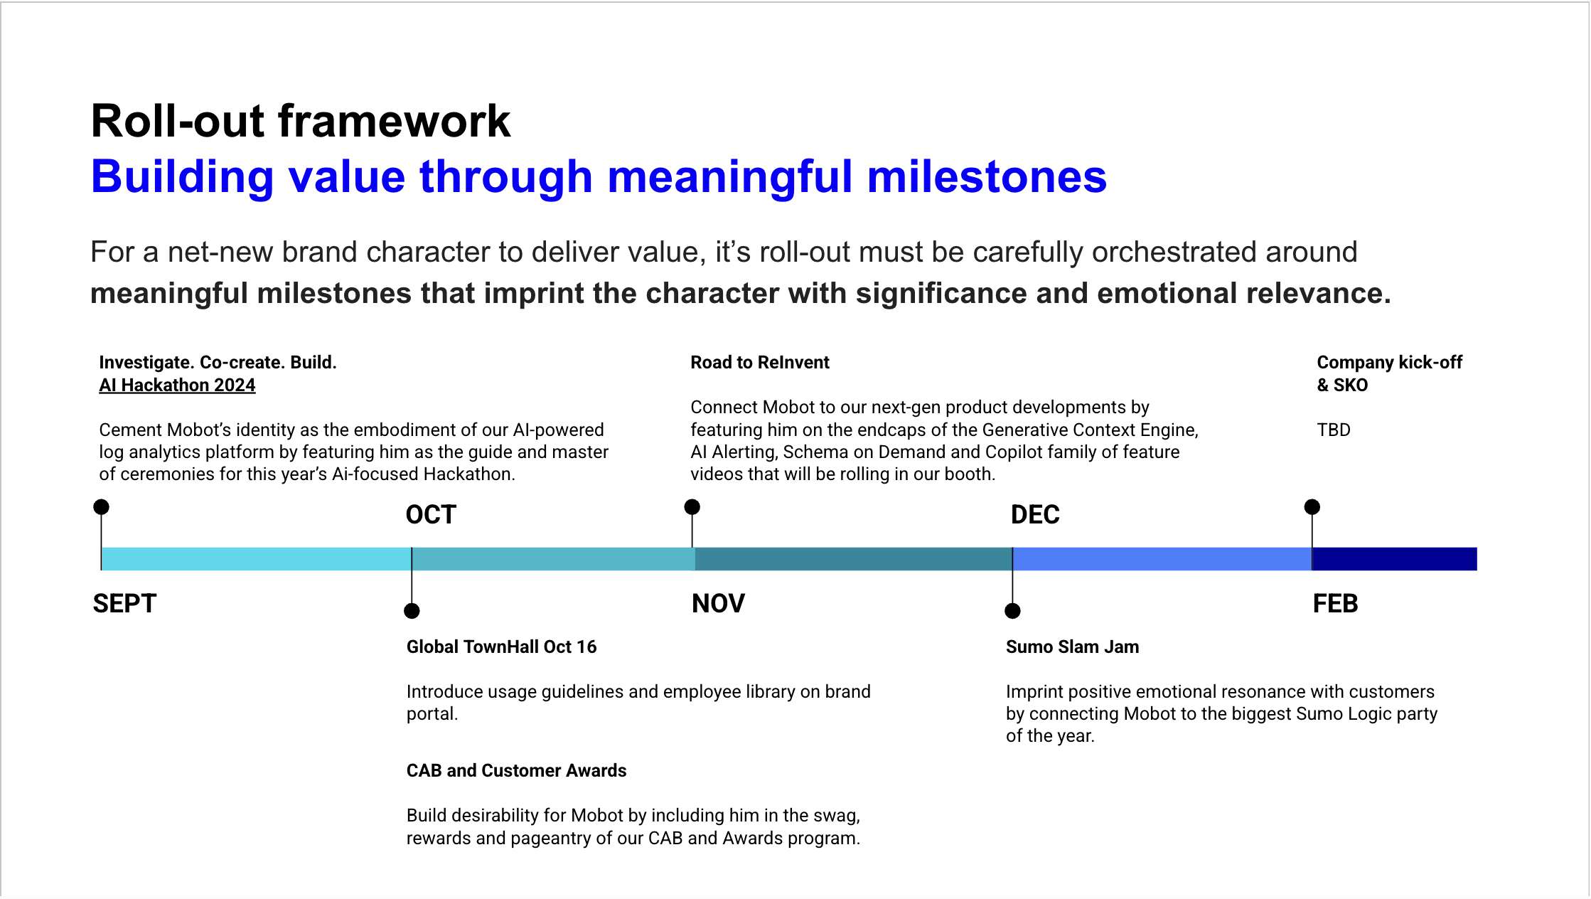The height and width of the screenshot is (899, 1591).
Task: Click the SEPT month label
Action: [124, 603]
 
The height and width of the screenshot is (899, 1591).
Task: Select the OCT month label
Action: [431, 514]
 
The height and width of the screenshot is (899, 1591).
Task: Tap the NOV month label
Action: [718, 603]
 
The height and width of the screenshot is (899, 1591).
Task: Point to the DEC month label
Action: [1035, 514]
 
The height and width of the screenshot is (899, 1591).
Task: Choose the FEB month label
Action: [1335, 603]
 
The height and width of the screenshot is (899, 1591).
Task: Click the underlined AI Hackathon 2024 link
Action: [177, 385]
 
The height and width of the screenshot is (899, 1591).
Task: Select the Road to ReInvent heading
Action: [760, 362]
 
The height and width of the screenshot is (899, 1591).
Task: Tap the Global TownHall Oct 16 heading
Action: [501, 647]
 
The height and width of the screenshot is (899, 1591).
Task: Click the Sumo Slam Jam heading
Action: [1072, 647]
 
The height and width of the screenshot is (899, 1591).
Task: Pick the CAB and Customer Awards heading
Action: [516, 770]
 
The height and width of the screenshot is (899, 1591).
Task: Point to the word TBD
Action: [1334, 430]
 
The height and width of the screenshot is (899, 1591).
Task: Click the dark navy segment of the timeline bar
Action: [1394, 559]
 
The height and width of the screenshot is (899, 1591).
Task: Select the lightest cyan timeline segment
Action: [257, 559]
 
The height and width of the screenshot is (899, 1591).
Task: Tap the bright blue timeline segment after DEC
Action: [1162, 559]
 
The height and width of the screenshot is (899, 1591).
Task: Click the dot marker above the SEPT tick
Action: [102, 507]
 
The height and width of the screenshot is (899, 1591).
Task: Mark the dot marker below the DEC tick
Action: [1013, 611]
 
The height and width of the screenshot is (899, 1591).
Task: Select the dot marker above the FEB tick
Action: [1312, 507]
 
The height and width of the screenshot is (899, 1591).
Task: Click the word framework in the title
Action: [395, 121]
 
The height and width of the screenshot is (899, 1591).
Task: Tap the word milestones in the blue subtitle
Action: [987, 176]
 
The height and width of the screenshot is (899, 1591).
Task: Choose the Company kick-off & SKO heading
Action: [1390, 373]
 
